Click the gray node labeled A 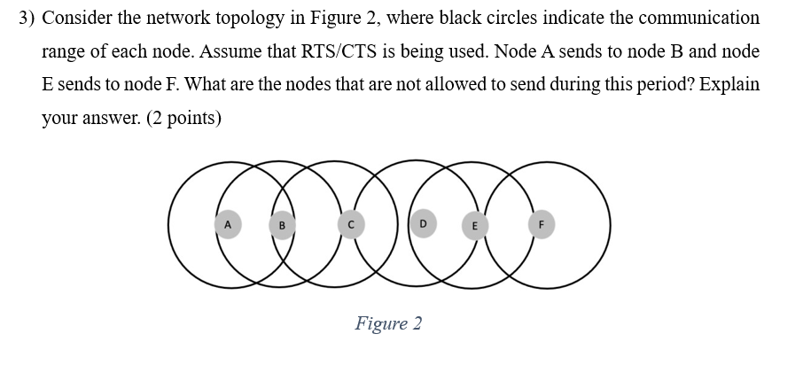click(x=228, y=224)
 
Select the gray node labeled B click(x=282, y=225)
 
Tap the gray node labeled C click(x=350, y=225)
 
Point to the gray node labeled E click(x=474, y=225)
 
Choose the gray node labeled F click(x=542, y=224)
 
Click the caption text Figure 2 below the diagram click(x=388, y=323)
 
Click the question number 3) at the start click(x=27, y=18)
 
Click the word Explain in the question click(x=730, y=85)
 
